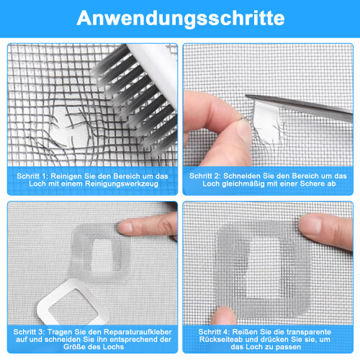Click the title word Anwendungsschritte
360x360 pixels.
[x=181, y=18]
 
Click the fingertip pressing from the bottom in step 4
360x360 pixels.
[x=224, y=315]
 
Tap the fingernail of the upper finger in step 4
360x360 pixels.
[x=310, y=225]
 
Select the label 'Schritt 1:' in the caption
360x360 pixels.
[x=32, y=176]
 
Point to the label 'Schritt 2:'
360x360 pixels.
[x=205, y=176]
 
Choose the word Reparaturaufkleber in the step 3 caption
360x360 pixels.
[x=138, y=332]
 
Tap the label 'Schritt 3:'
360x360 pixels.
[x=29, y=332]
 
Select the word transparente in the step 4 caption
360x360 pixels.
[x=309, y=332]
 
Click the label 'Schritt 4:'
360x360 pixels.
[x=214, y=332]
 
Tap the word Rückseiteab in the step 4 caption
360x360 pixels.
[x=221, y=339]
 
